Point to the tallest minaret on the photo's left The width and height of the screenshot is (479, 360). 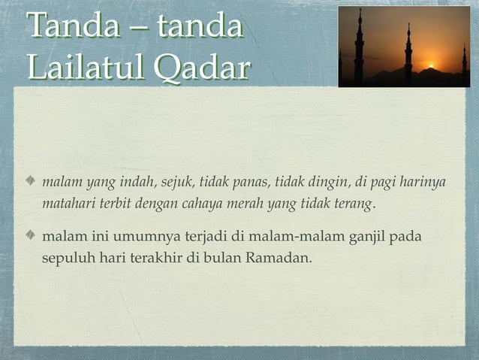click(x=360, y=45)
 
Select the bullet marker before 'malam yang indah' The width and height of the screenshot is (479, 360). click(x=31, y=182)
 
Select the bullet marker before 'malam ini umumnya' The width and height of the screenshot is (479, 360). click(x=31, y=237)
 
